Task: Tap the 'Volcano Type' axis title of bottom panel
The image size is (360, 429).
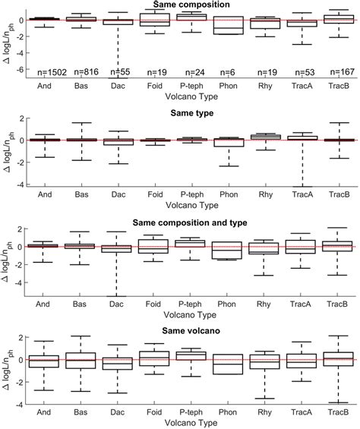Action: (x=191, y=422)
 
